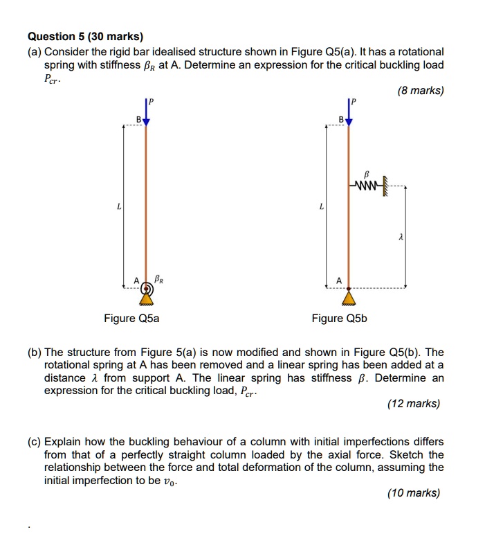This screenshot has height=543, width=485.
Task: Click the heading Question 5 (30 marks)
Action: click(x=85, y=37)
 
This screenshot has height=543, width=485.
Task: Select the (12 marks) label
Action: click(x=414, y=404)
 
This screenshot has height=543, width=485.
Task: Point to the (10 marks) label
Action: click(x=414, y=493)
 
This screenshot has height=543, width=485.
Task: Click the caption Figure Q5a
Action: click(x=131, y=319)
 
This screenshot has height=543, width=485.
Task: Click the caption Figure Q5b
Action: click(x=339, y=319)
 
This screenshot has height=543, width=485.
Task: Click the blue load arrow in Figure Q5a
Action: click(x=146, y=115)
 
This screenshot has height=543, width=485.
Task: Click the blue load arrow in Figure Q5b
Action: click(x=349, y=115)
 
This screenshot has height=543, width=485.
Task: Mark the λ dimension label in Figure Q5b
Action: click(x=401, y=237)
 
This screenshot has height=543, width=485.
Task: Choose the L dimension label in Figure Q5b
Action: click(x=321, y=206)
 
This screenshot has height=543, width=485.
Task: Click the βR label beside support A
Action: click(x=160, y=280)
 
